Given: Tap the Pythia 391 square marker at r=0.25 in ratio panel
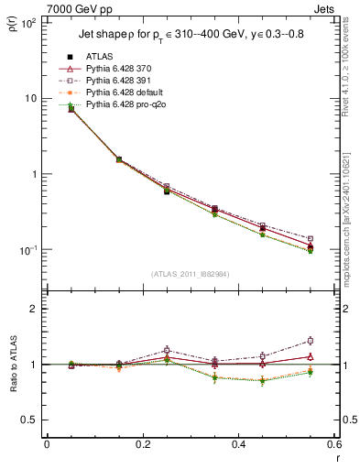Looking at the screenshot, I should tap(167, 350).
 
